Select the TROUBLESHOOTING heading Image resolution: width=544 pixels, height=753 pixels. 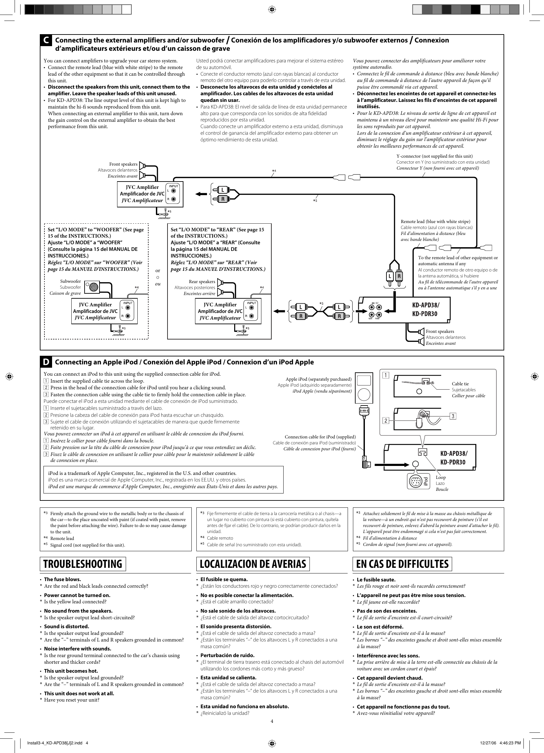(x=83, y=564)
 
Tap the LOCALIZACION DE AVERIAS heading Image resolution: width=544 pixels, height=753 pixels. (x=253, y=564)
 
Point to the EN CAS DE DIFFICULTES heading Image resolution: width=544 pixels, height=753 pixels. (x=402, y=564)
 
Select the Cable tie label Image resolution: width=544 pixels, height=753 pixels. (x=460, y=384)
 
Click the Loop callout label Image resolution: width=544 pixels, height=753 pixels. (x=441, y=478)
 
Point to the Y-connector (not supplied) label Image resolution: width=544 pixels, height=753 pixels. (x=435, y=156)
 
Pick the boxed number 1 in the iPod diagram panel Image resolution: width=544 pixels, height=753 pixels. (x=386, y=375)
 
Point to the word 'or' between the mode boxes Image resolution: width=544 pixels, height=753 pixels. (x=158, y=270)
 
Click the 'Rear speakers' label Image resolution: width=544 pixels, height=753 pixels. (x=202, y=281)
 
